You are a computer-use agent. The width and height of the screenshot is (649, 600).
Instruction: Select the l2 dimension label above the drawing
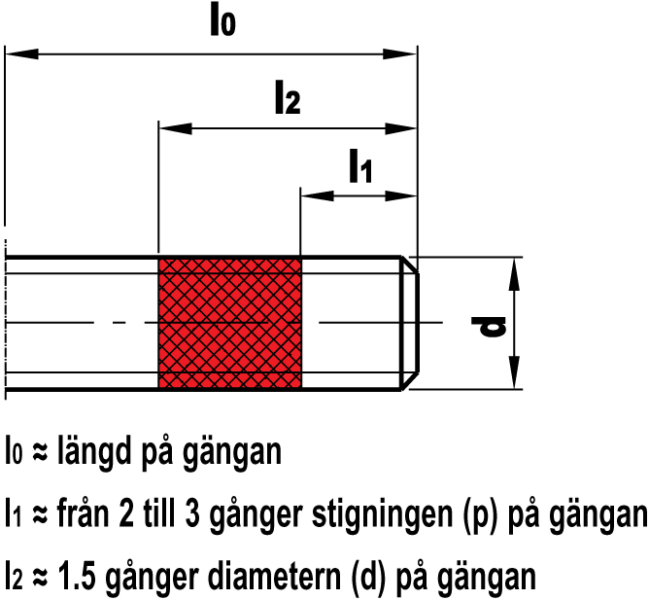click(289, 98)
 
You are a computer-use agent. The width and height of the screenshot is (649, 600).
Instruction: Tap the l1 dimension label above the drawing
click(360, 166)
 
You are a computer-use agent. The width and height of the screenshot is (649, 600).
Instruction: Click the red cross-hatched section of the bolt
click(229, 323)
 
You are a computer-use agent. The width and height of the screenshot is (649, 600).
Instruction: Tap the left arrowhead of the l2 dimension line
click(176, 129)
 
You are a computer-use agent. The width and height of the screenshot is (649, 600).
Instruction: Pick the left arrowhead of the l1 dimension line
click(317, 196)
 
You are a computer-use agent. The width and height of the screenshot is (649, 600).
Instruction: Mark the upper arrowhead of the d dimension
click(514, 274)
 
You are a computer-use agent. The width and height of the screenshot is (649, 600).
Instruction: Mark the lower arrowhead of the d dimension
click(514, 372)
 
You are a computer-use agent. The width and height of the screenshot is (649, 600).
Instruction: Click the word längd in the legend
click(94, 451)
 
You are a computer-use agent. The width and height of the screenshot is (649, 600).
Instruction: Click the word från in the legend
click(85, 513)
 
